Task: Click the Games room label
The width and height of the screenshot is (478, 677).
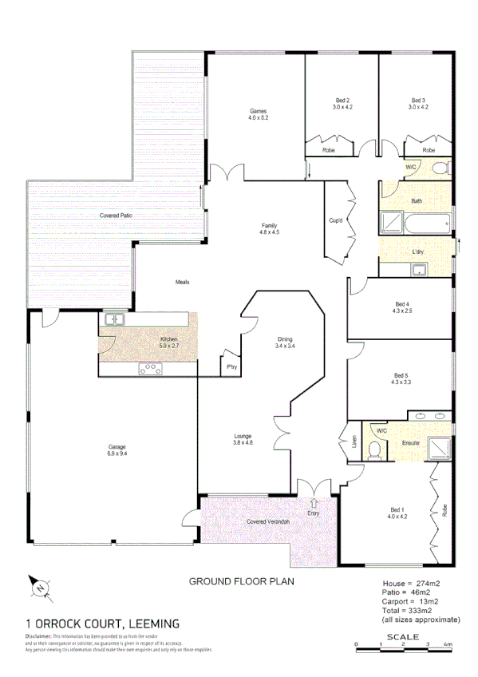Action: pyautogui.click(x=258, y=111)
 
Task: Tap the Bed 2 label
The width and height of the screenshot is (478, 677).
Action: pyautogui.click(x=343, y=101)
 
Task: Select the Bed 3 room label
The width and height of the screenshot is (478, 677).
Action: pyautogui.click(x=418, y=101)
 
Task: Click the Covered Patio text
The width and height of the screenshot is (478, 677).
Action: pyautogui.click(x=116, y=216)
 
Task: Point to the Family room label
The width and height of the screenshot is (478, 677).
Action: pyautogui.click(x=269, y=225)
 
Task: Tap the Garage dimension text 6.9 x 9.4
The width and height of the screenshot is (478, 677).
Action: pyautogui.click(x=117, y=453)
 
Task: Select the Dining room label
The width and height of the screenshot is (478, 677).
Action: pyautogui.click(x=285, y=338)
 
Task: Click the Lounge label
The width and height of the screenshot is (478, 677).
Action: pyautogui.click(x=243, y=436)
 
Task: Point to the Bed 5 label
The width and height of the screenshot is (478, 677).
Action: pyautogui.click(x=401, y=375)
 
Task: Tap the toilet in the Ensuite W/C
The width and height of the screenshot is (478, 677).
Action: pyautogui.click(x=374, y=451)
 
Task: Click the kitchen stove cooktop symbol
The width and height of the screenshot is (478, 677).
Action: pyautogui.click(x=151, y=368)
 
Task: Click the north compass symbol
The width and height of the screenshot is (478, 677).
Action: pyautogui.click(x=40, y=588)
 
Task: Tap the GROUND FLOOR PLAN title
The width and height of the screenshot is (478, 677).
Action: pyautogui.click(x=240, y=582)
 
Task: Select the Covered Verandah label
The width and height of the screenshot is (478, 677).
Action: pyautogui.click(x=267, y=522)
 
